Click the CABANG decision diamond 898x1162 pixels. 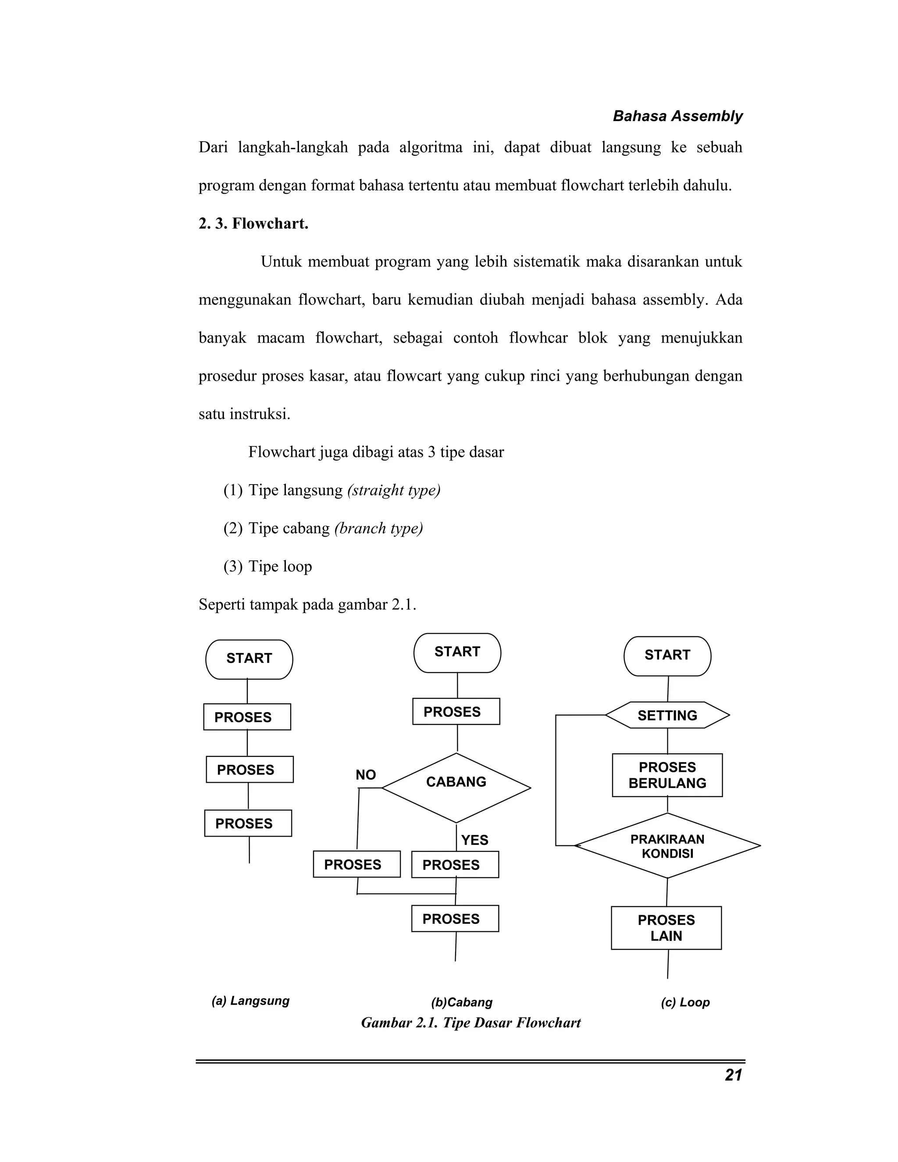pos(456,788)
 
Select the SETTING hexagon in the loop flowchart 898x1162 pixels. pos(667,715)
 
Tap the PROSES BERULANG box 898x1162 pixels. pos(667,775)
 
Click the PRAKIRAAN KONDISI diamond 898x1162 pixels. pos(667,846)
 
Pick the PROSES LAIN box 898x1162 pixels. pos(666,928)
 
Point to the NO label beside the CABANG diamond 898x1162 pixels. pos(366,775)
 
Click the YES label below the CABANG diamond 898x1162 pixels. pos(474,840)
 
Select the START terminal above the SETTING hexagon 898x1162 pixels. pos(667,656)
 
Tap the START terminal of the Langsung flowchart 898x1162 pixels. pos(249,659)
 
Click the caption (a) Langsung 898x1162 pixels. pos(250,1001)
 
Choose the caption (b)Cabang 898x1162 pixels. pos(462,1002)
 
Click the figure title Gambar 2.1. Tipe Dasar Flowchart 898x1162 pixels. pos(471,1023)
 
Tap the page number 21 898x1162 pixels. pos(733,1075)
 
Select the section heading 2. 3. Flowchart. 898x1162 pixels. pos(253,224)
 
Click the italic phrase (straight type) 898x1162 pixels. pos(394,490)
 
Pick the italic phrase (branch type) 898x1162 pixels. pos(378,528)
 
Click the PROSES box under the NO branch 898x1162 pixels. pos(356,864)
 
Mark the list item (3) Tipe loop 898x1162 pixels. pos(267,566)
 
